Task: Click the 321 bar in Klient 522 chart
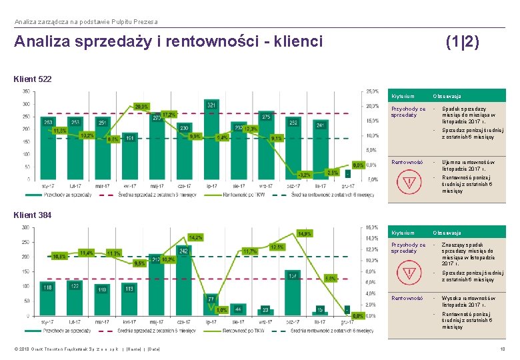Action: click(211, 140)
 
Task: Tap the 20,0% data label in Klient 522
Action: click(141, 106)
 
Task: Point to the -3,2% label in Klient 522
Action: click(303, 174)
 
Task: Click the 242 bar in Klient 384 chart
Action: click(184, 280)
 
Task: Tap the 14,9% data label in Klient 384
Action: click(305, 234)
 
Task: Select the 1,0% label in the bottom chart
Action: click(222, 309)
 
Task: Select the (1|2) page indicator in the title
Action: click(462, 42)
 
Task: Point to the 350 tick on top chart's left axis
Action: click(25, 91)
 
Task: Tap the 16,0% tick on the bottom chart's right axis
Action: click(372, 227)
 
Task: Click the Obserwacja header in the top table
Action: click(447, 97)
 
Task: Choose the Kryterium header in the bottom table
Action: click(403, 233)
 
